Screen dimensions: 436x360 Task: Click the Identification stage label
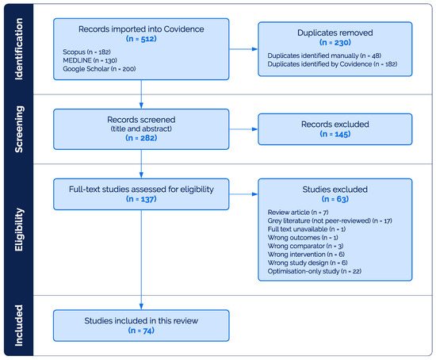19,49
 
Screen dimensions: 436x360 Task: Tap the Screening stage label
19,129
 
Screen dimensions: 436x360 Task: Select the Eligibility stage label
19,229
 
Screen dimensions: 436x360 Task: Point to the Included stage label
19,325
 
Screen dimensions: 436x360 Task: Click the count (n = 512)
141,39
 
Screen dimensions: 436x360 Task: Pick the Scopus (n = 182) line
86,52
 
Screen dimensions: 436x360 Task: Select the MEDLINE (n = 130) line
90,60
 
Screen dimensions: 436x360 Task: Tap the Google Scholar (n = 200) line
99,69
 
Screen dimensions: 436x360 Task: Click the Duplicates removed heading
335,33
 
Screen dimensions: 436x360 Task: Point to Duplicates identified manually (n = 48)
324,56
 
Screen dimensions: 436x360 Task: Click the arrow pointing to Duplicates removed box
243,49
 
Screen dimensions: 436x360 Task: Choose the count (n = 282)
141,138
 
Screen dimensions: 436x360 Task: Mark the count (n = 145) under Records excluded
335,134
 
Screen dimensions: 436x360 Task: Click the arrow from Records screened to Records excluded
243,129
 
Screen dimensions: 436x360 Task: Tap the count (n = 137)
141,199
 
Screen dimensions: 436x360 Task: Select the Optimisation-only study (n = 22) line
315,271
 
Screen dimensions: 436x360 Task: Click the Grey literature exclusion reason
330,221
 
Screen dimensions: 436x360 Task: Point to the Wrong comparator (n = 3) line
305,246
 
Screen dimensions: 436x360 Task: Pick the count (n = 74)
141,331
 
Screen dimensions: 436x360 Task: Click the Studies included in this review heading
141,321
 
